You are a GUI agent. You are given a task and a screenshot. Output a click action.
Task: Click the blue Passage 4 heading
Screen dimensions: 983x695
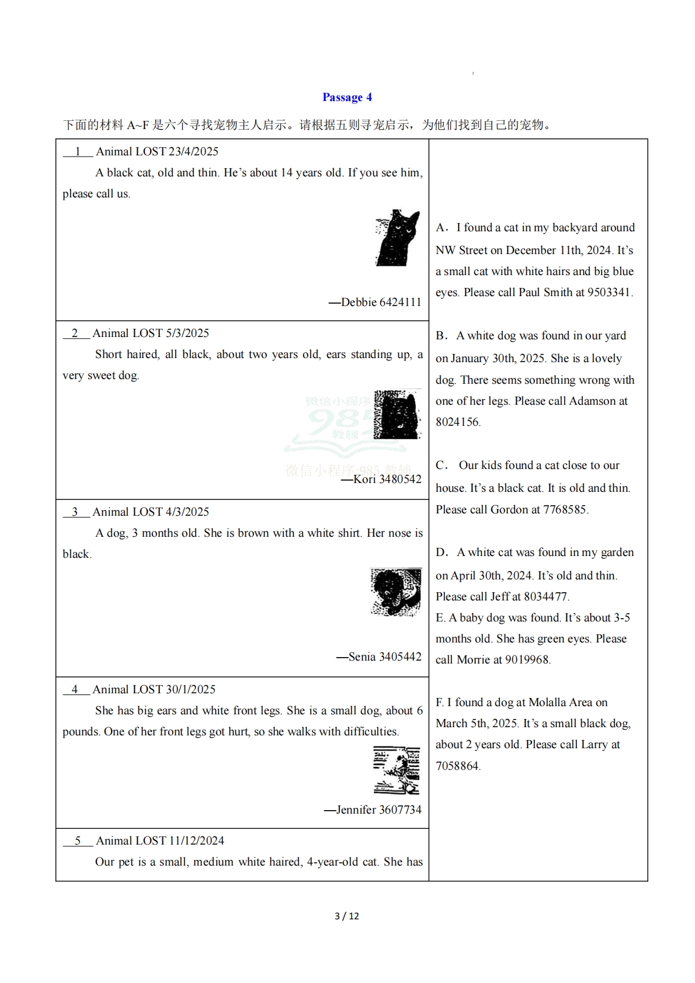pyautogui.click(x=347, y=98)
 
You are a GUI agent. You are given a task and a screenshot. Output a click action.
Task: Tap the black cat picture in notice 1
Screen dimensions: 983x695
pyautogui.click(x=398, y=238)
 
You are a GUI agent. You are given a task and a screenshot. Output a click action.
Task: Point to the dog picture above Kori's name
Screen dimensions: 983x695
pyautogui.click(x=397, y=415)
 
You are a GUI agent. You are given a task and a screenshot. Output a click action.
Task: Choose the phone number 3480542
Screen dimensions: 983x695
pyautogui.click(x=400, y=479)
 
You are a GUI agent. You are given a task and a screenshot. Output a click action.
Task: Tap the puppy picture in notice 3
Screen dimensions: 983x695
pyautogui.click(x=395, y=592)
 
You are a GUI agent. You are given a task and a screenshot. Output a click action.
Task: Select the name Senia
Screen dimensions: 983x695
pyautogui.click(x=362, y=657)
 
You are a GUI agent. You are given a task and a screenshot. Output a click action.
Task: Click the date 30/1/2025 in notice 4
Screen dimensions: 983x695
pyautogui.click(x=190, y=689)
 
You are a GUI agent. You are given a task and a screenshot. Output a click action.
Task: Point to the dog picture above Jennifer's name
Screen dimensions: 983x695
pyautogui.click(x=397, y=770)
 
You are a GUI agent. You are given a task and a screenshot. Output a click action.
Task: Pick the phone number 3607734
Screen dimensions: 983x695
pyautogui.click(x=400, y=810)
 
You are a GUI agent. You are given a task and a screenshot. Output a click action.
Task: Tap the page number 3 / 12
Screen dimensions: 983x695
pyautogui.click(x=347, y=916)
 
